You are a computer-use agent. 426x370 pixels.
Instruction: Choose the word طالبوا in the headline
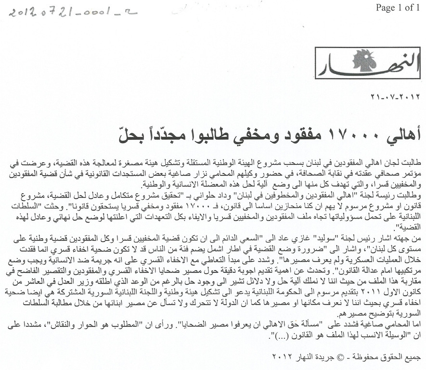coord(216,130)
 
